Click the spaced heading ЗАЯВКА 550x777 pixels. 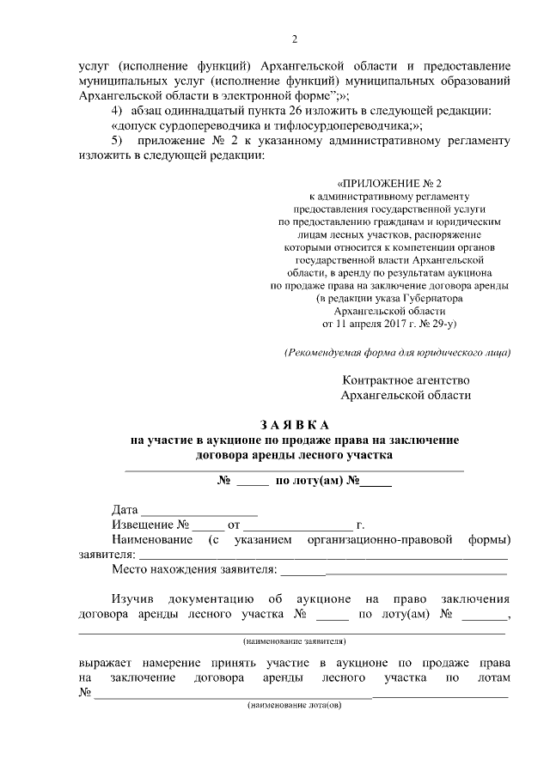[294, 425]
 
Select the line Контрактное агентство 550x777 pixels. [406, 379]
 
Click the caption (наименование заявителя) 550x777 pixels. [294, 640]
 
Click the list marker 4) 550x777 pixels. [119, 112]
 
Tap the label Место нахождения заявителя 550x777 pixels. [194, 568]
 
